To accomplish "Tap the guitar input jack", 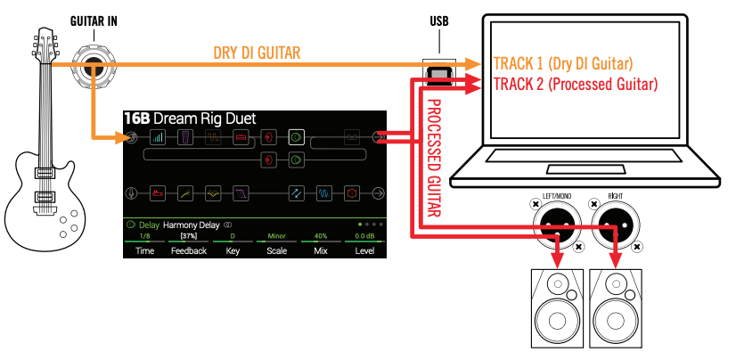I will pos(92,64).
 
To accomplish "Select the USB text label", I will pos(438,19).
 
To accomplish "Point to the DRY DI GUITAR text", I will pos(257,53).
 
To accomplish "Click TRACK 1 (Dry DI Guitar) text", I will pos(562,64).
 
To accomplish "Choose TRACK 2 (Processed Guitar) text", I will pos(575,86).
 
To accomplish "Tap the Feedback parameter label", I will pos(188,251).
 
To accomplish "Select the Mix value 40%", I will pos(319,235).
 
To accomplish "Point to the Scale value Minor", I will pos(275,235).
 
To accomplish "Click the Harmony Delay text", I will pos(192,225).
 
